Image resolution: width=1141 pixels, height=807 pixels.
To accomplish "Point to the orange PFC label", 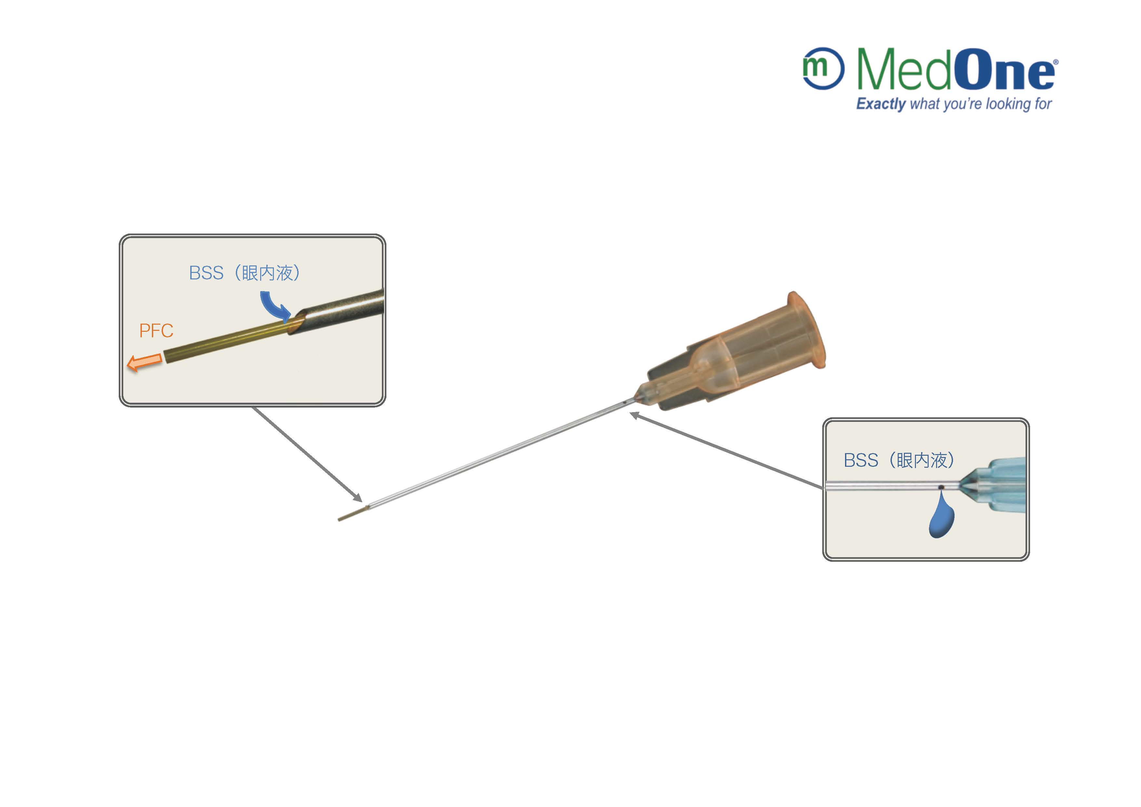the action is pyautogui.click(x=156, y=330).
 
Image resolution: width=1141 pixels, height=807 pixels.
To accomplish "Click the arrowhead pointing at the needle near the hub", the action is pyautogui.click(x=634, y=414).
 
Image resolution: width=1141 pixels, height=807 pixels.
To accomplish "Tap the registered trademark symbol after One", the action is pyautogui.click(x=1055, y=62).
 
